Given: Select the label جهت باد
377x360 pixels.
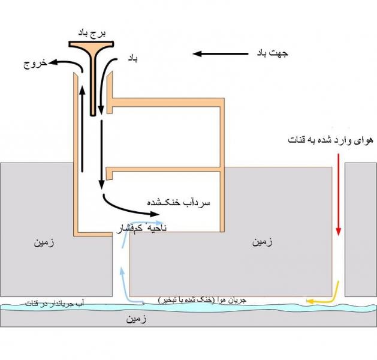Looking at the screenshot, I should (x=272, y=53).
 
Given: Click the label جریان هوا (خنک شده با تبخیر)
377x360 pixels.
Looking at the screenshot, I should (x=201, y=299).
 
